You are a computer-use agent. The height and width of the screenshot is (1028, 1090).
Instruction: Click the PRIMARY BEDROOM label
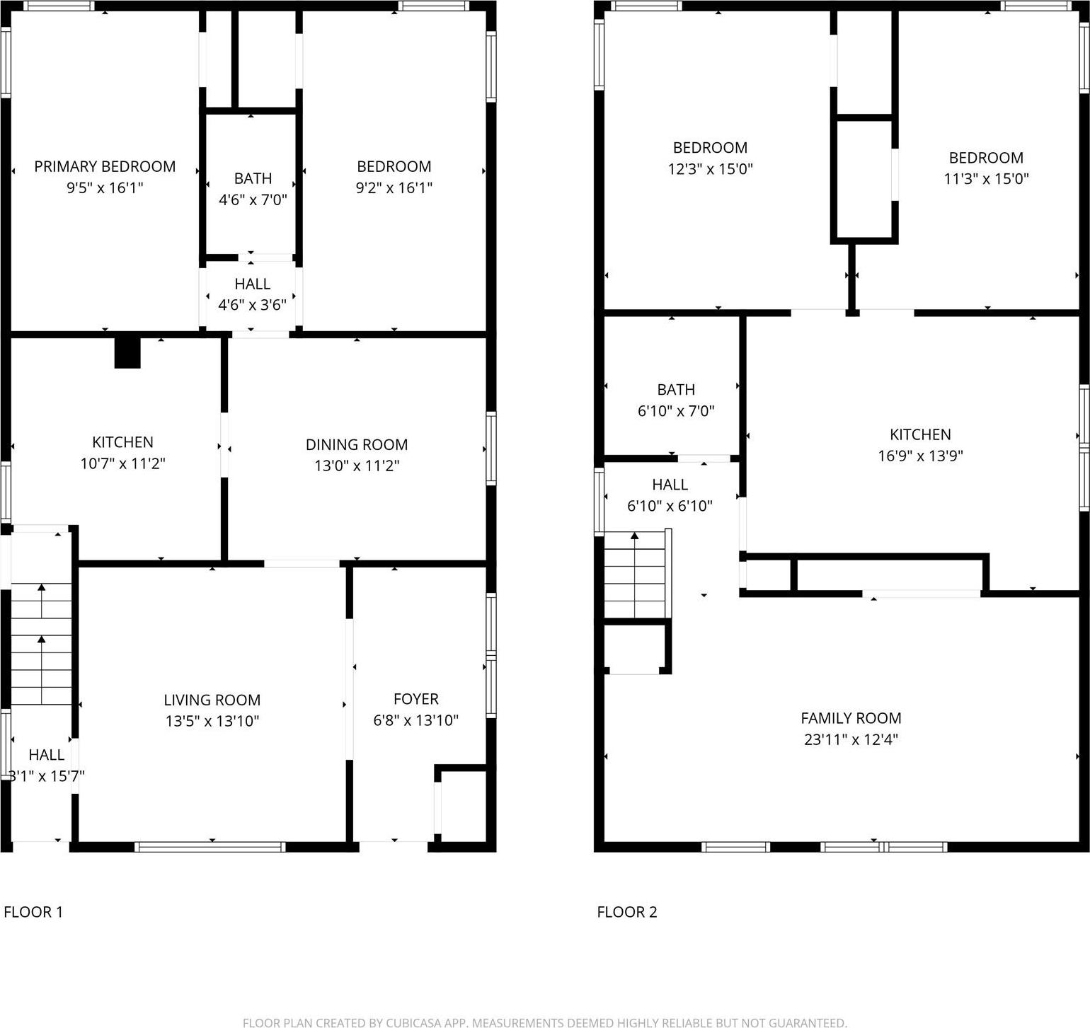[105, 166]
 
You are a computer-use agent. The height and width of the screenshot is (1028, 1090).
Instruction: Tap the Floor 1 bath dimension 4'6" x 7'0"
[253, 200]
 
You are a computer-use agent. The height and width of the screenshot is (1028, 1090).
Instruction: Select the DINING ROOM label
[357, 444]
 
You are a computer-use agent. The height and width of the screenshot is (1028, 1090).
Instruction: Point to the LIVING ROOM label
[212, 700]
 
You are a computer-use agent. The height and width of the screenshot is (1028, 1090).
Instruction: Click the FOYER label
[416, 699]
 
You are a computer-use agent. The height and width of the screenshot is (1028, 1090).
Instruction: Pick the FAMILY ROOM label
[851, 718]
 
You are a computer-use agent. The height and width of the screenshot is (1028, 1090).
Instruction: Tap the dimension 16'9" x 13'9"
[920, 456]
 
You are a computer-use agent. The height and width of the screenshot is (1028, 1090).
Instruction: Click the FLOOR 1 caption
[33, 912]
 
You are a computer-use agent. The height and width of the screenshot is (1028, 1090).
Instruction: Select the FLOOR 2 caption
[627, 912]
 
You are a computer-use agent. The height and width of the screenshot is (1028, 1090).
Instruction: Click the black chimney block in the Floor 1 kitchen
[127, 352]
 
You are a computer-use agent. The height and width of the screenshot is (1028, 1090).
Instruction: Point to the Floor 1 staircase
[42, 644]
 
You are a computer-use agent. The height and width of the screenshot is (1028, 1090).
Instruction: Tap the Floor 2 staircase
[635, 574]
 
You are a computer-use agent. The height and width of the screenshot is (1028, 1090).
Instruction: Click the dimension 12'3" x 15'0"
[710, 169]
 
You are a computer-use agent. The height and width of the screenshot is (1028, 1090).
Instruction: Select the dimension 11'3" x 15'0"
[986, 178]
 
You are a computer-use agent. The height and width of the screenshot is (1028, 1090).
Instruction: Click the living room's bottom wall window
[210, 846]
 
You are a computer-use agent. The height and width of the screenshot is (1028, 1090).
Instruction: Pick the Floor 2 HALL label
[670, 485]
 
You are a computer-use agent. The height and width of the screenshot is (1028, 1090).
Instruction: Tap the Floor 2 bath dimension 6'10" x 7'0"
[676, 411]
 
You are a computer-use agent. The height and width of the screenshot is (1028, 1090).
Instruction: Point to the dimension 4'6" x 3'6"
[252, 305]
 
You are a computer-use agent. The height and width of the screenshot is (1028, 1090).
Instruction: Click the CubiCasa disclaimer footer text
[544, 1022]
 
